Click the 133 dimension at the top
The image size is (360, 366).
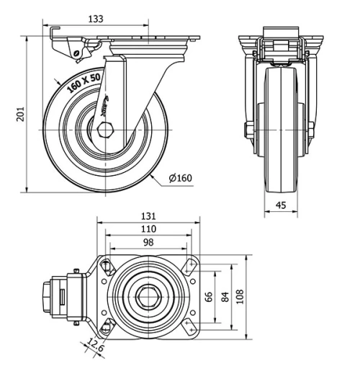tap(107, 19)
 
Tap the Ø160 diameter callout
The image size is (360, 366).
tap(181, 178)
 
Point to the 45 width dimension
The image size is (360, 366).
tap(282, 206)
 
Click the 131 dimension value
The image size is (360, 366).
tap(148, 216)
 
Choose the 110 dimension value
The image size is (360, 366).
tap(148, 229)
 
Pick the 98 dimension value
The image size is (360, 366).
tap(148, 242)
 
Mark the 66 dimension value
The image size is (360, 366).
tap(210, 296)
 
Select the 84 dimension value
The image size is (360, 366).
tap(225, 296)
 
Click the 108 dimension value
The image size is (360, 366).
tap(241, 296)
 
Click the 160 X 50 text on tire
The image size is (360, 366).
tap(85, 84)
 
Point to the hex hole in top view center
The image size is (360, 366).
tap(149, 296)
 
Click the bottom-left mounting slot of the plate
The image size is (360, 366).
tap(107, 326)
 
